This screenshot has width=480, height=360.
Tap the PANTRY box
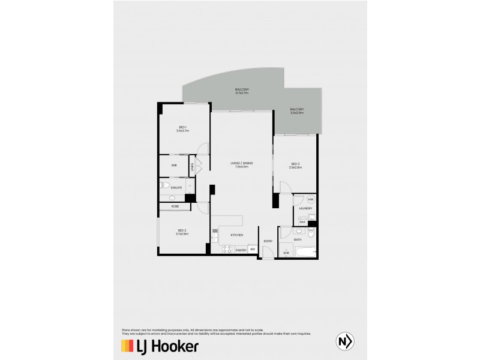click(x=241, y=249)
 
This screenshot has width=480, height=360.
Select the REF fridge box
click(x=253, y=249)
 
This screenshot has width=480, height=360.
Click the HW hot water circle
click(x=311, y=199)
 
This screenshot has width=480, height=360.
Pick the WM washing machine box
click(x=302, y=222)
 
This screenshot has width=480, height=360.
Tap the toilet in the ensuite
click(x=165, y=187)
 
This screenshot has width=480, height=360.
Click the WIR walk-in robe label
click(x=173, y=165)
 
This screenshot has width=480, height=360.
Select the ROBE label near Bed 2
click(x=175, y=206)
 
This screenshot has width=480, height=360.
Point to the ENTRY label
click(x=268, y=241)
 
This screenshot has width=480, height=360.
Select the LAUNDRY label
click(x=305, y=208)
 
